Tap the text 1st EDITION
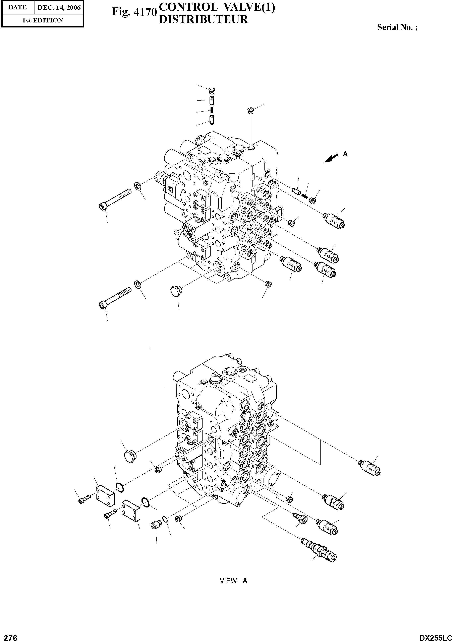(x=43, y=20)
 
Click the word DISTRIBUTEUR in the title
(x=203, y=19)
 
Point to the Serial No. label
(x=397, y=27)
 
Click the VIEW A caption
(x=233, y=581)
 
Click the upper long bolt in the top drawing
(x=115, y=199)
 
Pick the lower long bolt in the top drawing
(x=115, y=297)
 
